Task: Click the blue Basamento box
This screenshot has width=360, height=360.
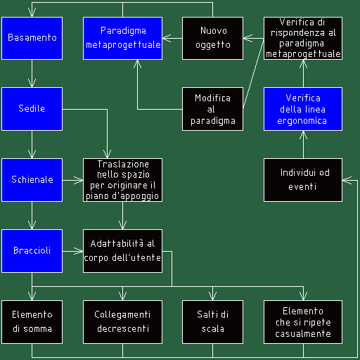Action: point(32,38)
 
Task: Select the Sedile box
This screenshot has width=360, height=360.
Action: point(32,109)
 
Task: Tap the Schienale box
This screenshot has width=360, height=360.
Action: point(32,180)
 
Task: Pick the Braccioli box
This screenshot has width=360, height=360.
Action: point(32,251)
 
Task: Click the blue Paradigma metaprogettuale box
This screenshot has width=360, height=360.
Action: point(122,38)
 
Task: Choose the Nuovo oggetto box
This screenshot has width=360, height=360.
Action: point(212,38)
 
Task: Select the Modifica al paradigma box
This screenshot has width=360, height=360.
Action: point(212,109)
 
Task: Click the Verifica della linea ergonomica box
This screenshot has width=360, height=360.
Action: point(303,109)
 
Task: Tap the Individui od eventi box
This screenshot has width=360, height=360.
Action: point(303,180)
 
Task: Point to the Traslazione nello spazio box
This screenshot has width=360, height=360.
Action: point(122,180)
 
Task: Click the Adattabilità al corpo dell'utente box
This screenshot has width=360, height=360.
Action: point(122,251)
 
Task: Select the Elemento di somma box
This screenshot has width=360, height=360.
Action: point(32,322)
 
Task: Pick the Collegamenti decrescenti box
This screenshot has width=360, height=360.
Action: point(122,322)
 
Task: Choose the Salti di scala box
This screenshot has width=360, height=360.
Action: point(212,322)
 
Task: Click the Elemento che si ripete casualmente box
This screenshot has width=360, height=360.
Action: point(303,322)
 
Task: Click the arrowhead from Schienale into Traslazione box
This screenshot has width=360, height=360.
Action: point(79,180)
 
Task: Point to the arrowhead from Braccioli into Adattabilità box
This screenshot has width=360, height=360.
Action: point(79,251)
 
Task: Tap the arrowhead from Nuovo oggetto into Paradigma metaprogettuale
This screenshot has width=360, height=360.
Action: point(167,38)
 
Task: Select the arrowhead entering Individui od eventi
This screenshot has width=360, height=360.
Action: point(347,180)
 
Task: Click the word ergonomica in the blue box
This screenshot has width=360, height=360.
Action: point(302,121)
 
